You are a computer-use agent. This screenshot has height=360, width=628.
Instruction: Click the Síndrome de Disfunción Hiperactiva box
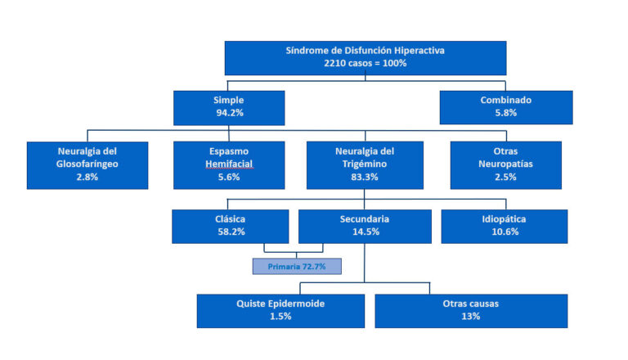pos(366,58)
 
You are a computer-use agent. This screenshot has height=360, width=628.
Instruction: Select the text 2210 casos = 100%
pos(366,63)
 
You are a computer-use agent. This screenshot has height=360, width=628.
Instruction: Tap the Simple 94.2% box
pos(229,108)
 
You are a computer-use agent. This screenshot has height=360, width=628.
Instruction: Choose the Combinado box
pos(506,107)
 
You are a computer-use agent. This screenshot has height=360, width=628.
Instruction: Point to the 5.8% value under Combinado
pos(506,113)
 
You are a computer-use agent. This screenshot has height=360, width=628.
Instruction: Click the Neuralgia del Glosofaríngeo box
pos(87,165)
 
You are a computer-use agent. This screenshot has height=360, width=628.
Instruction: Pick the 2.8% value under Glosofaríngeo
pos(87,177)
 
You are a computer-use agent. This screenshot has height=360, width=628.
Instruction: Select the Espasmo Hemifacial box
pos(229,165)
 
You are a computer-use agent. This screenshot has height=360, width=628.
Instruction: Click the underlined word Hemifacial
pos(229,164)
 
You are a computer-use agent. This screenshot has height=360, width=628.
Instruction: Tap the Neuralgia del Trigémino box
pos(365,165)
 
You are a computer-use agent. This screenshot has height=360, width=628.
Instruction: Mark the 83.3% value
pos(365,177)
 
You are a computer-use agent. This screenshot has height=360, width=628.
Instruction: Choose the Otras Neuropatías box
pos(506,165)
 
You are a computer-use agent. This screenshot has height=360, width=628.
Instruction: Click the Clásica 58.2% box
pos(231,227)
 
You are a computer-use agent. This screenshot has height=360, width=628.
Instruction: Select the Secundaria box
pos(365,227)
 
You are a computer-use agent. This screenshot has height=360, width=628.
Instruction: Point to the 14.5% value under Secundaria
pos(366,232)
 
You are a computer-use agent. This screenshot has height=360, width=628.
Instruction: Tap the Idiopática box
pos(505,227)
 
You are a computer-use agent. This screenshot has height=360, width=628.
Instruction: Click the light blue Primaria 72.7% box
pos(297,266)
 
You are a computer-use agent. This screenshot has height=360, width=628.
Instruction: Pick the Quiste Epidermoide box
pos(280,311)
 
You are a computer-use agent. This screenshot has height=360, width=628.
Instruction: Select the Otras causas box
pos(471,311)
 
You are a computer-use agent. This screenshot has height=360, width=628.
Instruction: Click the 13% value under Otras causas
pos(471,317)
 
